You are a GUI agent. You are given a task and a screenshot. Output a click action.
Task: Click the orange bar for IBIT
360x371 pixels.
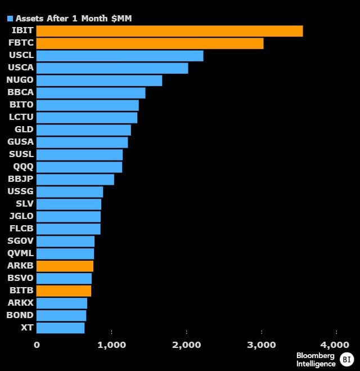[x=169, y=31]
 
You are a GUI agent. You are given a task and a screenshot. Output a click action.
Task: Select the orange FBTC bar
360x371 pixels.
[x=150, y=43]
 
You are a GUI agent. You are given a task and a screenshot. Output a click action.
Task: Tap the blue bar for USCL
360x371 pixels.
[x=120, y=56]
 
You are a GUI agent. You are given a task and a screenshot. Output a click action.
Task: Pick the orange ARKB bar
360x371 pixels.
[x=65, y=266]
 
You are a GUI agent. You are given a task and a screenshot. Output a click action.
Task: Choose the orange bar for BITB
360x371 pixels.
[x=64, y=291]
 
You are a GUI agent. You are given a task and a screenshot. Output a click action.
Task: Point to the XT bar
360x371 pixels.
[x=61, y=328]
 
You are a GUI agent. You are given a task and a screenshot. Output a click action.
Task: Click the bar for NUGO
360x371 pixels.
[x=99, y=81]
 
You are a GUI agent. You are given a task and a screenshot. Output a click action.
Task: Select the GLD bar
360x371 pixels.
[x=84, y=130]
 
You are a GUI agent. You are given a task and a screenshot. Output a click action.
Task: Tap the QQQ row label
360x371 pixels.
[x=23, y=167]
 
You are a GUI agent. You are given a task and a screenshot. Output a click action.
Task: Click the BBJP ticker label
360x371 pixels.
[x=21, y=179]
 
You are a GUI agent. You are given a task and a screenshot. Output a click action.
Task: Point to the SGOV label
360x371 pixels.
[x=20, y=241]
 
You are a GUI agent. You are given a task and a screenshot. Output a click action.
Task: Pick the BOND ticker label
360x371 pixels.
[x=20, y=315]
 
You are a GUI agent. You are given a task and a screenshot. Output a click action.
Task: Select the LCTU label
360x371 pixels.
[x=21, y=117]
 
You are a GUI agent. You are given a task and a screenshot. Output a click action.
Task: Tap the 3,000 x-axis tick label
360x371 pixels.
[x=262, y=345]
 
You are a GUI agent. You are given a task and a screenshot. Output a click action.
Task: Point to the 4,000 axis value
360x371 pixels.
[x=335, y=345]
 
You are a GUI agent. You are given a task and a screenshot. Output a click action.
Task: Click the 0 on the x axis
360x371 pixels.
[x=37, y=345]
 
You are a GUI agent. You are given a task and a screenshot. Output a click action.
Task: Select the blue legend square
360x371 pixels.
[x=10, y=19]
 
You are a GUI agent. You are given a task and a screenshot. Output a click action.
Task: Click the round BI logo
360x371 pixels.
[x=346, y=359]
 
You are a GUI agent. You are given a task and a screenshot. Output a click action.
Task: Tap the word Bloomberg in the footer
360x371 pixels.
[x=316, y=356]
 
